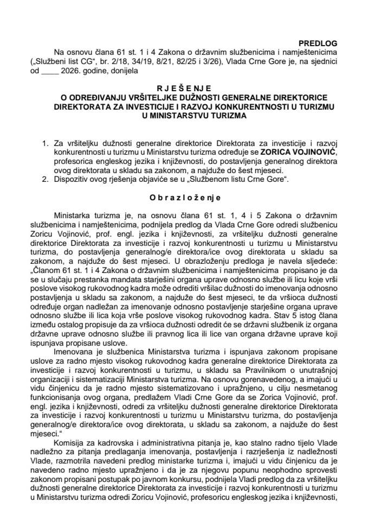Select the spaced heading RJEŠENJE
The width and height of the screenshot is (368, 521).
point(184,87)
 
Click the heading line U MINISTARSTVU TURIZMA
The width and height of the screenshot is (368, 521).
point(184,116)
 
